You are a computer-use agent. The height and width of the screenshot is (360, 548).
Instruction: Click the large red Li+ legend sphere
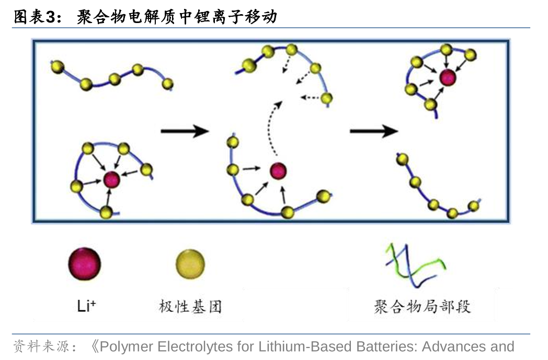pos(84,264)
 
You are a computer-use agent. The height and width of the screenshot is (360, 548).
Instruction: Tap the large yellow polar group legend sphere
pos(190,264)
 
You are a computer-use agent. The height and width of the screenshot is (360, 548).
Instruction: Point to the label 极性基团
pos(190,306)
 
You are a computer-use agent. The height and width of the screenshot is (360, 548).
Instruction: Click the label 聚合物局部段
pos(422,306)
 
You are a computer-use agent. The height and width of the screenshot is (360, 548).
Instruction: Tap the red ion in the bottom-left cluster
pos(111,179)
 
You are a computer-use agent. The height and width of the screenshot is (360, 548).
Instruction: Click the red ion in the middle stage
pos(278,170)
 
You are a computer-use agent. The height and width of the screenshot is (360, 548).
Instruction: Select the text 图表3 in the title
pos(33,17)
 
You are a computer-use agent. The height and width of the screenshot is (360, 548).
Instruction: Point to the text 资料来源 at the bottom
pos(40,346)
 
